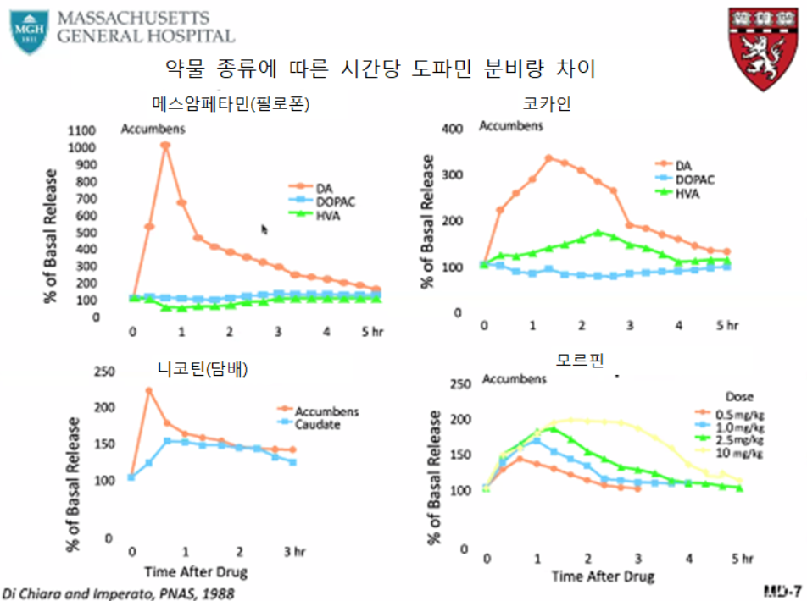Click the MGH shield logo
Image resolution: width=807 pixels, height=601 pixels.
[x=29, y=30]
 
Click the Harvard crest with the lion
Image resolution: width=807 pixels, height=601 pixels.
[x=763, y=48]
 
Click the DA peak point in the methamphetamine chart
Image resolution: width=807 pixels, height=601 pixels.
[x=166, y=146]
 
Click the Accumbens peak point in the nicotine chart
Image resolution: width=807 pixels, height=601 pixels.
[x=148, y=391]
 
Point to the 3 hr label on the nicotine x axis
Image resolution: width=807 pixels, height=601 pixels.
[x=293, y=553]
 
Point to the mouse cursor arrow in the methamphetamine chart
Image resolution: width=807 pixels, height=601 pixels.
[x=264, y=229]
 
